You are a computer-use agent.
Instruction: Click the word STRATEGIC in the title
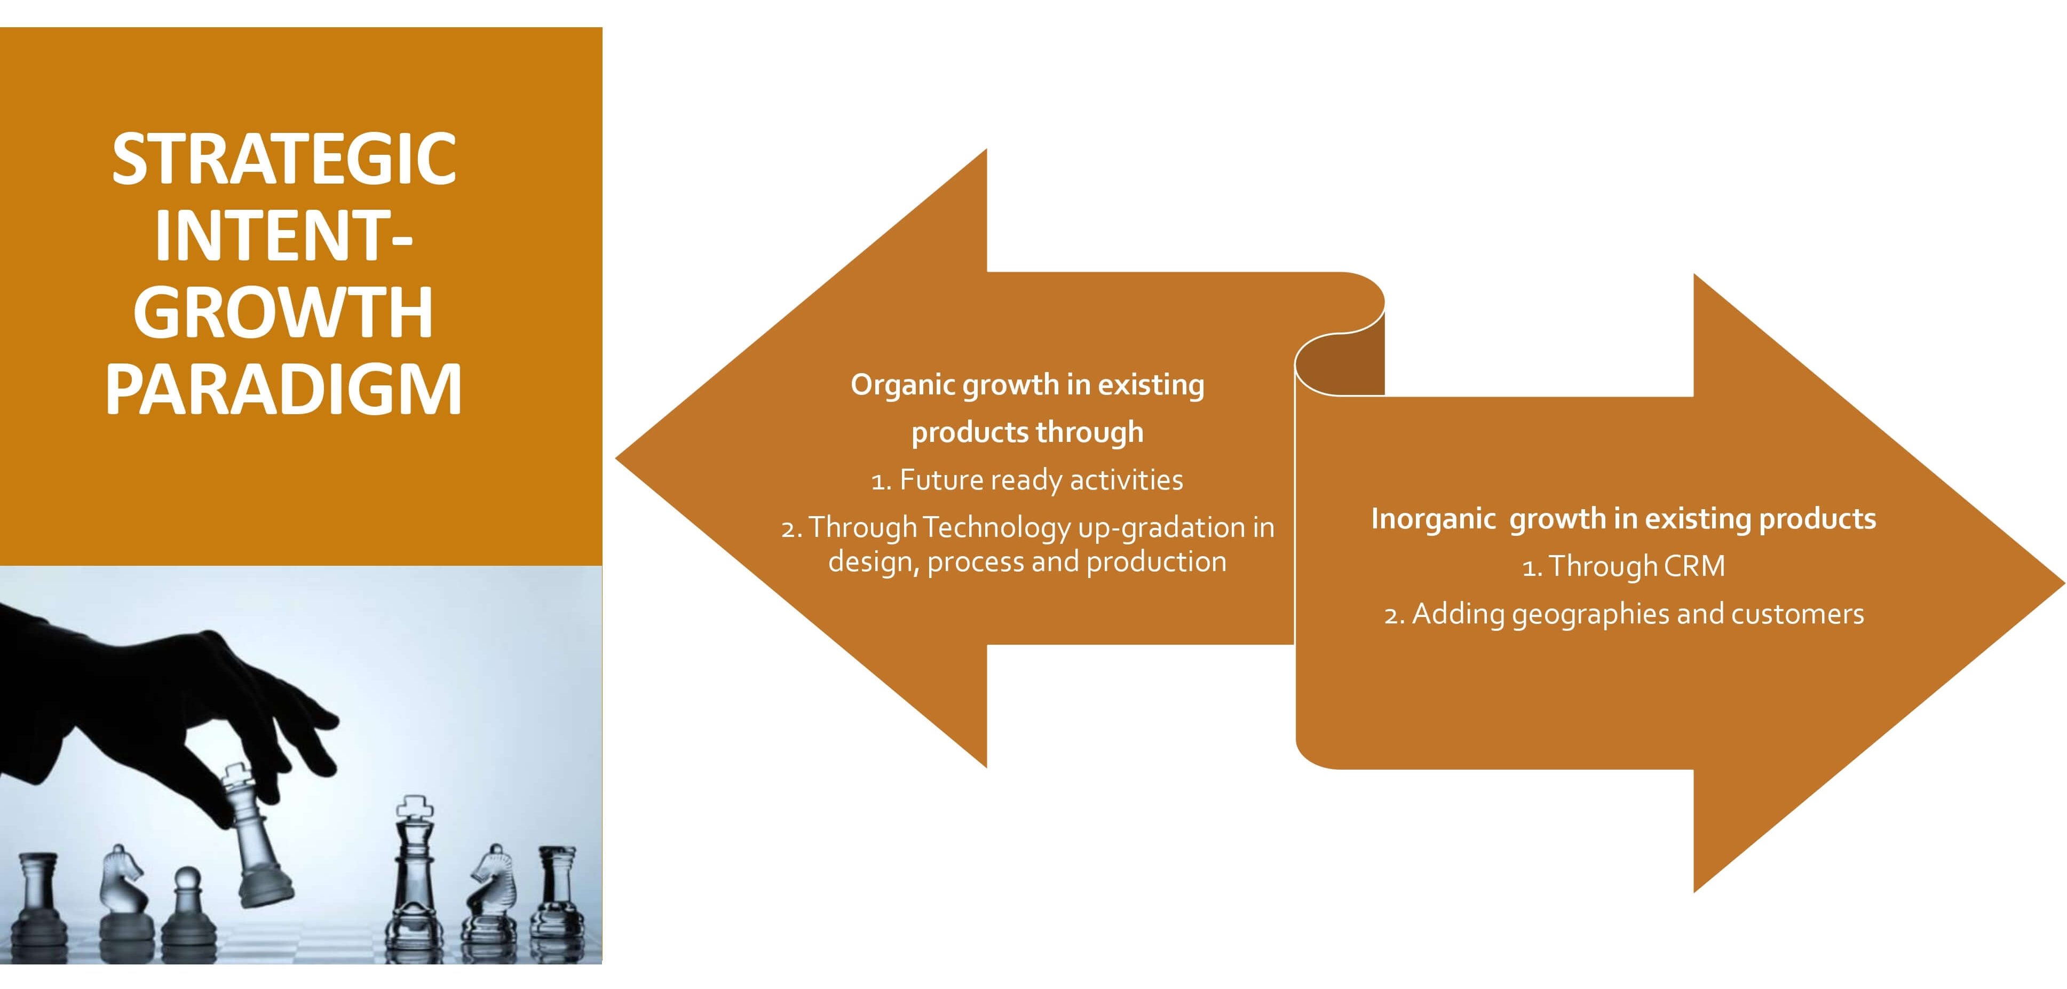(x=284, y=159)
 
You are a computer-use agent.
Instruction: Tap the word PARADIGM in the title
(x=284, y=389)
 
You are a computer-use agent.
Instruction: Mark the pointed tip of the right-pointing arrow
(x=2063, y=583)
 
